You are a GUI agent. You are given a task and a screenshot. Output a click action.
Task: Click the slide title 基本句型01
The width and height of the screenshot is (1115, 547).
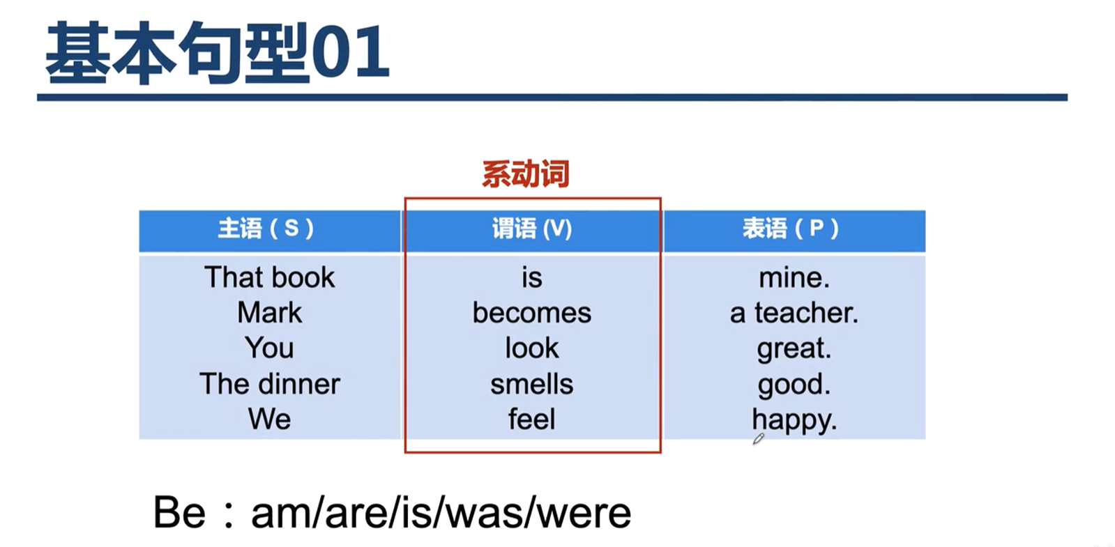[x=217, y=52]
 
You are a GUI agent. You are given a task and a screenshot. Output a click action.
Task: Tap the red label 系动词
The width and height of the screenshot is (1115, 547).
[x=526, y=174]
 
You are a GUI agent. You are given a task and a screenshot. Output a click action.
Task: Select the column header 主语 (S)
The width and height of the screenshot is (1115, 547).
[x=266, y=229]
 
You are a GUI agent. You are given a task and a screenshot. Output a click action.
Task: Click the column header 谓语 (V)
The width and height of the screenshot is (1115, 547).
[x=532, y=229]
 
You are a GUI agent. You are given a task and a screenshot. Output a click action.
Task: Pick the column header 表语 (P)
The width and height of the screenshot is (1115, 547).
[x=791, y=229]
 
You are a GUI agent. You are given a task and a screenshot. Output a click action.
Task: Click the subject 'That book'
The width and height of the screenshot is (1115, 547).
[x=269, y=277]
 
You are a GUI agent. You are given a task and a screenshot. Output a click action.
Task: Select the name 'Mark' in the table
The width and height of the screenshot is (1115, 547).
[x=269, y=313]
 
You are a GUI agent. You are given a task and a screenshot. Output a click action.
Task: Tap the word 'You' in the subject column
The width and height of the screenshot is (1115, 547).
[x=269, y=348]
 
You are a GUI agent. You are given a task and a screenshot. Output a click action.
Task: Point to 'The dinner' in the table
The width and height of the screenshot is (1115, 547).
[x=270, y=384]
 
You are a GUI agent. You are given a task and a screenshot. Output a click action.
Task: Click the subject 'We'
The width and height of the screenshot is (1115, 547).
[x=269, y=419]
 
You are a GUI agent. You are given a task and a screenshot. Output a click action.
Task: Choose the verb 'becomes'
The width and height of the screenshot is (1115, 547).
[x=531, y=313]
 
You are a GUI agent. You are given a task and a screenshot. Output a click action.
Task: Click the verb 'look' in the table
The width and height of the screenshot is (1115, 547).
[x=531, y=348]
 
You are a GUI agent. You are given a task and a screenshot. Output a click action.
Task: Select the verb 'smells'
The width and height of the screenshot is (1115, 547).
[x=531, y=384]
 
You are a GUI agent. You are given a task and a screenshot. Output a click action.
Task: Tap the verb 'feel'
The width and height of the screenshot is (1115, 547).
[x=531, y=419]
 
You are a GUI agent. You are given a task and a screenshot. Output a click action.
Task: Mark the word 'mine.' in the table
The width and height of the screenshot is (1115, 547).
[x=794, y=277]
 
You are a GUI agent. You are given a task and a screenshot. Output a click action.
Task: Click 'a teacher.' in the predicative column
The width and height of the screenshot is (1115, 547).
[x=794, y=314]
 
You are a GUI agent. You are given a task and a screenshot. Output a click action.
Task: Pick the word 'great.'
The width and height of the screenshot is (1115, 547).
[x=794, y=349]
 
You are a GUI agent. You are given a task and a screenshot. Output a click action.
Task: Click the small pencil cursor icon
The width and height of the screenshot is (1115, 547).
[x=758, y=439]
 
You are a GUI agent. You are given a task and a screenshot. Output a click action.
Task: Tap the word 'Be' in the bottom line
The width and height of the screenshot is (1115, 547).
[x=179, y=513]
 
